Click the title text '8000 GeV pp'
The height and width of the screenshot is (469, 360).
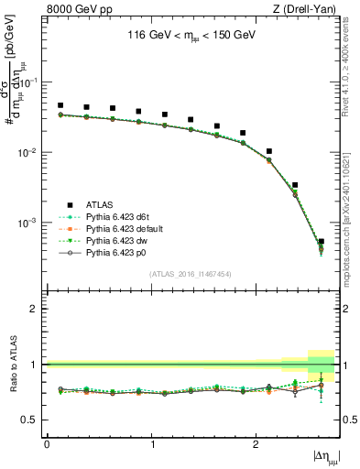[x=74, y=10]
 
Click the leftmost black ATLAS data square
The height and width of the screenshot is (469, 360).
[x=60, y=106]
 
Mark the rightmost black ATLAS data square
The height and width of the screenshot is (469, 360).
[x=321, y=242]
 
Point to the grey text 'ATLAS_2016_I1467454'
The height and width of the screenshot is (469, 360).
[x=191, y=274]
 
